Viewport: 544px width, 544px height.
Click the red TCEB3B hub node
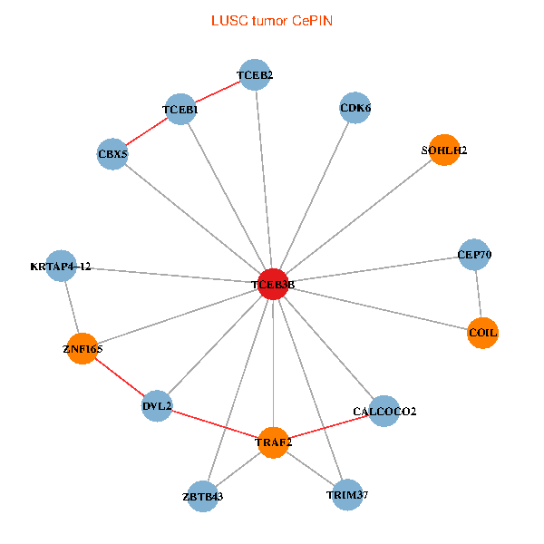point(273,285)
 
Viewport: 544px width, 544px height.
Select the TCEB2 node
point(255,75)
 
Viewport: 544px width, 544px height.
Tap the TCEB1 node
point(180,110)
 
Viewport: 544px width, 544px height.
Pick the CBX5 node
point(112,154)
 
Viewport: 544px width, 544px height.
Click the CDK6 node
point(355,108)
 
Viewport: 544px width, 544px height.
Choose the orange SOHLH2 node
point(444,151)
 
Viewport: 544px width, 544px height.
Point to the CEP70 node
point(475,255)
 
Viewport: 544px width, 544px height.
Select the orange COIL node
point(483,333)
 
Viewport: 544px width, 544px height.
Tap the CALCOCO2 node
point(384,412)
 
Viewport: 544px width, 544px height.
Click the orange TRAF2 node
point(273,442)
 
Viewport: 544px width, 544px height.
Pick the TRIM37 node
point(347,495)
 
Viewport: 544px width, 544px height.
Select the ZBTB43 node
point(202,496)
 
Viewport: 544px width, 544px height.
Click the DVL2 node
point(157,406)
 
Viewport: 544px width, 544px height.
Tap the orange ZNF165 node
point(83,348)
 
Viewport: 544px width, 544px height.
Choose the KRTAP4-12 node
point(60,267)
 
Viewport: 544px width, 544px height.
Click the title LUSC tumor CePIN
point(272,20)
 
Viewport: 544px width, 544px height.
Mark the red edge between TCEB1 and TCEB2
point(218,92)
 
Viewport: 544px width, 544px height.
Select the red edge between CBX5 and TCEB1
point(146,132)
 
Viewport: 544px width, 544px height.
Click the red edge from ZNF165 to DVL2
point(120,377)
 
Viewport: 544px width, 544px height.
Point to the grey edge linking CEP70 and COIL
point(479,294)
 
